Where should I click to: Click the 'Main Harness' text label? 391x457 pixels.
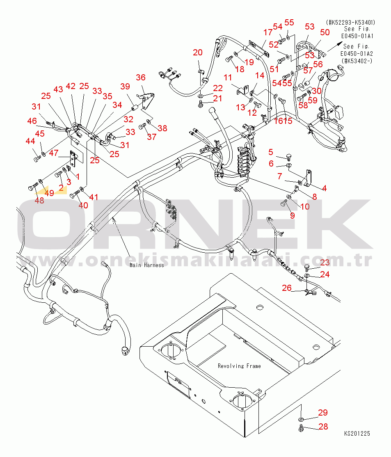[146, 265]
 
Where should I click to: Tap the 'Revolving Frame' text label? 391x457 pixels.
[239, 366]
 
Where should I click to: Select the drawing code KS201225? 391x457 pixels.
[357, 434]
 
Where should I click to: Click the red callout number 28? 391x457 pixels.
[323, 427]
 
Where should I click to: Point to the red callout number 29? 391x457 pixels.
[323, 413]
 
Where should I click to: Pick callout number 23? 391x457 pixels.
[325, 263]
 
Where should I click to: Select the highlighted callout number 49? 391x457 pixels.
[49, 193]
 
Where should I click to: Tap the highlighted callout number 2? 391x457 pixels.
[61, 188]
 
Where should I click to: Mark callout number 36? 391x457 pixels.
[141, 78]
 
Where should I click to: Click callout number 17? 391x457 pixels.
[268, 32]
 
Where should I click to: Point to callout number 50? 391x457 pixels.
[325, 32]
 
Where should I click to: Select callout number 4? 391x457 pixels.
[324, 188]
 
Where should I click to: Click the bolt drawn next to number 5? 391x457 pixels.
[289, 156]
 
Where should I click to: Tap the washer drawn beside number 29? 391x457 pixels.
[301, 419]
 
